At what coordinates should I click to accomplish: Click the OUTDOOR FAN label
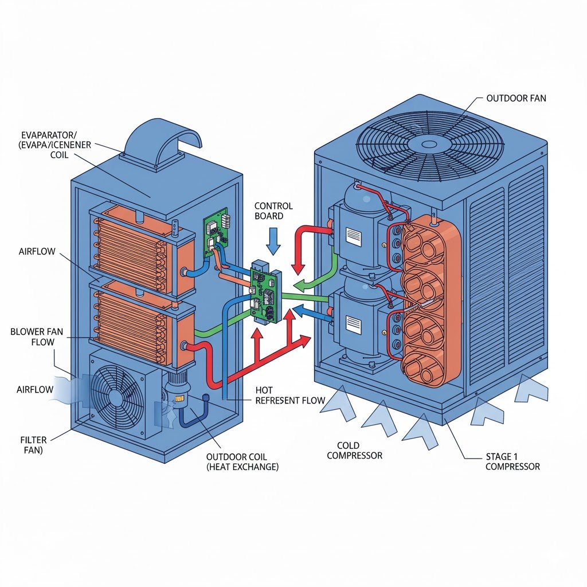tap(516, 99)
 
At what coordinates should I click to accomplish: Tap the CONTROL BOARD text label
tap(273, 211)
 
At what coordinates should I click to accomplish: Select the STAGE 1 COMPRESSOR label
tap(512, 461)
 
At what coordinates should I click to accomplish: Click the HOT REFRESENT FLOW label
tap(290, 395)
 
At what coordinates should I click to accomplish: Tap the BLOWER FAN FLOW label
tap(33, 337)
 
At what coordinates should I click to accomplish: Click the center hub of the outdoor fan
tap(429, 143)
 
